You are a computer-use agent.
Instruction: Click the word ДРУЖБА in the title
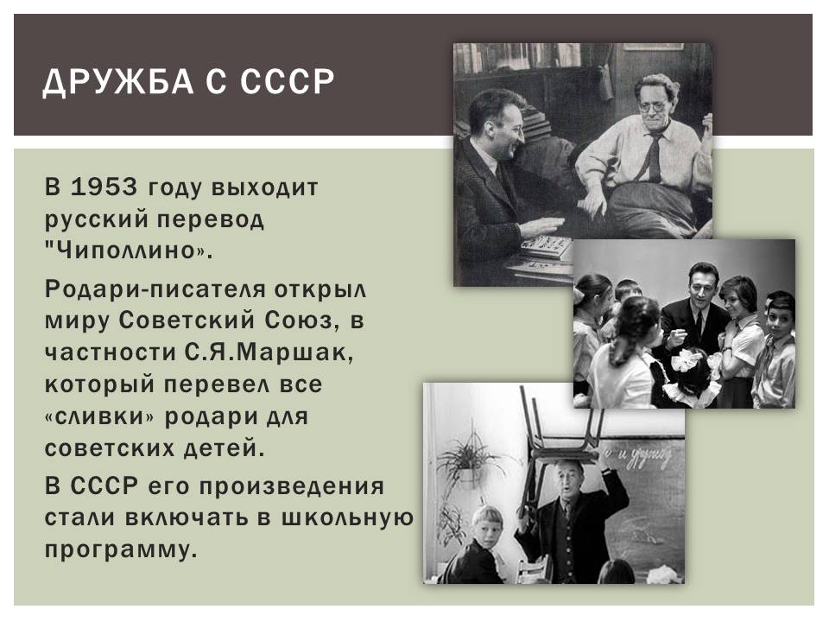tap(118, 82)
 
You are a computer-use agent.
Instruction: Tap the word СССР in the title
tap(287, 81)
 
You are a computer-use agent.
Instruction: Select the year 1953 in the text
tap(104, 187)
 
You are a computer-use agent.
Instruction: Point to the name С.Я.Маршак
tap(269, 352)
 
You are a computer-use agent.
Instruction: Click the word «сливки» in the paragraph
tap(98, 416)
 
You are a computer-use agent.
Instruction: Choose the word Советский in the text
tap(187, 321)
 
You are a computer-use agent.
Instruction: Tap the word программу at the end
tap(121, 550)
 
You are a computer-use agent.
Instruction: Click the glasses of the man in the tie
tap(652, 106)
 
